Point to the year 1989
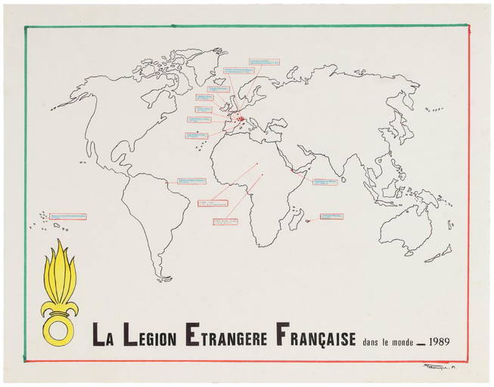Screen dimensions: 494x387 [440, 339]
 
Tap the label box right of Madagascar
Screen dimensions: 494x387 [331, 216]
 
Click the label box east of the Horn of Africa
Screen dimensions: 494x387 [325, 182]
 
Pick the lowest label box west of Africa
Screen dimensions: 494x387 [225, 222]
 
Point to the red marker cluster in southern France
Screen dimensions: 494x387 [241, 118]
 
